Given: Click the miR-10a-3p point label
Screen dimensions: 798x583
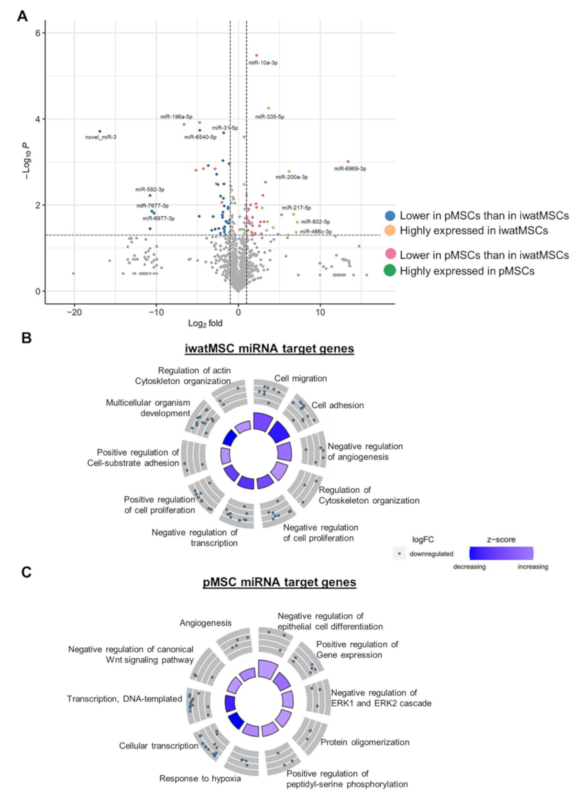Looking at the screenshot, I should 263,63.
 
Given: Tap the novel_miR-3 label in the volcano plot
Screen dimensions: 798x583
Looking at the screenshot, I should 101,137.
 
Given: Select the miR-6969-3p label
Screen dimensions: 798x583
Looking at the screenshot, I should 350,169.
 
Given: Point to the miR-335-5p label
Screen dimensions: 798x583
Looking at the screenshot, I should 269,117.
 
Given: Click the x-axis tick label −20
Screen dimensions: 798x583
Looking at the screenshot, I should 74,312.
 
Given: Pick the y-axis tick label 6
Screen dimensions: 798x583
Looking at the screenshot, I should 37,33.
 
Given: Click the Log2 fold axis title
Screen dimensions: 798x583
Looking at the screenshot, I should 205,323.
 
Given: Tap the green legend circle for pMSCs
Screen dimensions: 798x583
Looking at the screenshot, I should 390,271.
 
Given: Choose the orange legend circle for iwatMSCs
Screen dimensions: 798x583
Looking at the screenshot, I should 390,231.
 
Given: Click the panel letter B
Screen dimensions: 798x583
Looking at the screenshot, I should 26,338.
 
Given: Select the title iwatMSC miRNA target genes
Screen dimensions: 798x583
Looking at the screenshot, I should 269,349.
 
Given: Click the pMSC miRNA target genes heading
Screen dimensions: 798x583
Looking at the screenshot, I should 279,582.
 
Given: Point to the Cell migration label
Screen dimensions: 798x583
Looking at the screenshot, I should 300,378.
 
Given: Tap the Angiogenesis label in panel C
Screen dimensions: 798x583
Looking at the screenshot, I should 206,623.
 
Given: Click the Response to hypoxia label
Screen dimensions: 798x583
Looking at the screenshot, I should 200,778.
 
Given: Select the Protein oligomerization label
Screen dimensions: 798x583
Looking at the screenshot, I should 365,742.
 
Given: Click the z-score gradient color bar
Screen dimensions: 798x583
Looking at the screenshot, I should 501,554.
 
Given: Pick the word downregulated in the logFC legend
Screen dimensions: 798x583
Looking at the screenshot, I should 431,554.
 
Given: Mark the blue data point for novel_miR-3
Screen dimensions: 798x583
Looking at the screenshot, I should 99,131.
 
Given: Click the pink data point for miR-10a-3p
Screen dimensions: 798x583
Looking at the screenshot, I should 256,55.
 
